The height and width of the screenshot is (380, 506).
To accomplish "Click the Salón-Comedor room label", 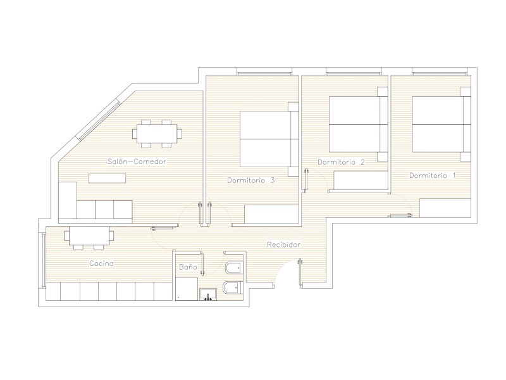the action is (137, 161).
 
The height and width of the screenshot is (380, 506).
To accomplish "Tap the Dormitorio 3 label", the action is (250, 180).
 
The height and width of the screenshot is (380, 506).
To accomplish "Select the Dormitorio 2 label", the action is (341, 162).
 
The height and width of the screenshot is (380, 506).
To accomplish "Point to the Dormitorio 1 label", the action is (433, 175).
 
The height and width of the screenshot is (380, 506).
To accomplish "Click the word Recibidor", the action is (283, 244).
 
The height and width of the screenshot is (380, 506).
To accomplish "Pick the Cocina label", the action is (101, 263).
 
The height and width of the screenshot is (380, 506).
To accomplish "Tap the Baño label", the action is (188, 267).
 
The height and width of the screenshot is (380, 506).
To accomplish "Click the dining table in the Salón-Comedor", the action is (157, 134).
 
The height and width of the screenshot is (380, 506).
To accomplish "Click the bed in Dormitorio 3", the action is (269, 139).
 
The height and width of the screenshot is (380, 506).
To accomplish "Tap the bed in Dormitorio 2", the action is (358, 124).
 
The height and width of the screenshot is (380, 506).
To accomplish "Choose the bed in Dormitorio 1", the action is (441, 124).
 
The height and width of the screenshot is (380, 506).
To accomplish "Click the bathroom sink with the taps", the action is (208, 294).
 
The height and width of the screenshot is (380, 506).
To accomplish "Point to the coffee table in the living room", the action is (107, 179).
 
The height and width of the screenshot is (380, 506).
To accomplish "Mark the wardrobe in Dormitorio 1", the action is (445, 208).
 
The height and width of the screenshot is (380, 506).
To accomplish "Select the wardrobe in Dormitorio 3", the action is (271, 214).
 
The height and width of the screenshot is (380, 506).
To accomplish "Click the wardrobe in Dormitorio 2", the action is (361, 180).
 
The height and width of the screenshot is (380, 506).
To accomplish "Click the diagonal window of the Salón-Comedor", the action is (99, 120).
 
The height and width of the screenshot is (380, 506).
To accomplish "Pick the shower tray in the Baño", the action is (186, 289).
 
